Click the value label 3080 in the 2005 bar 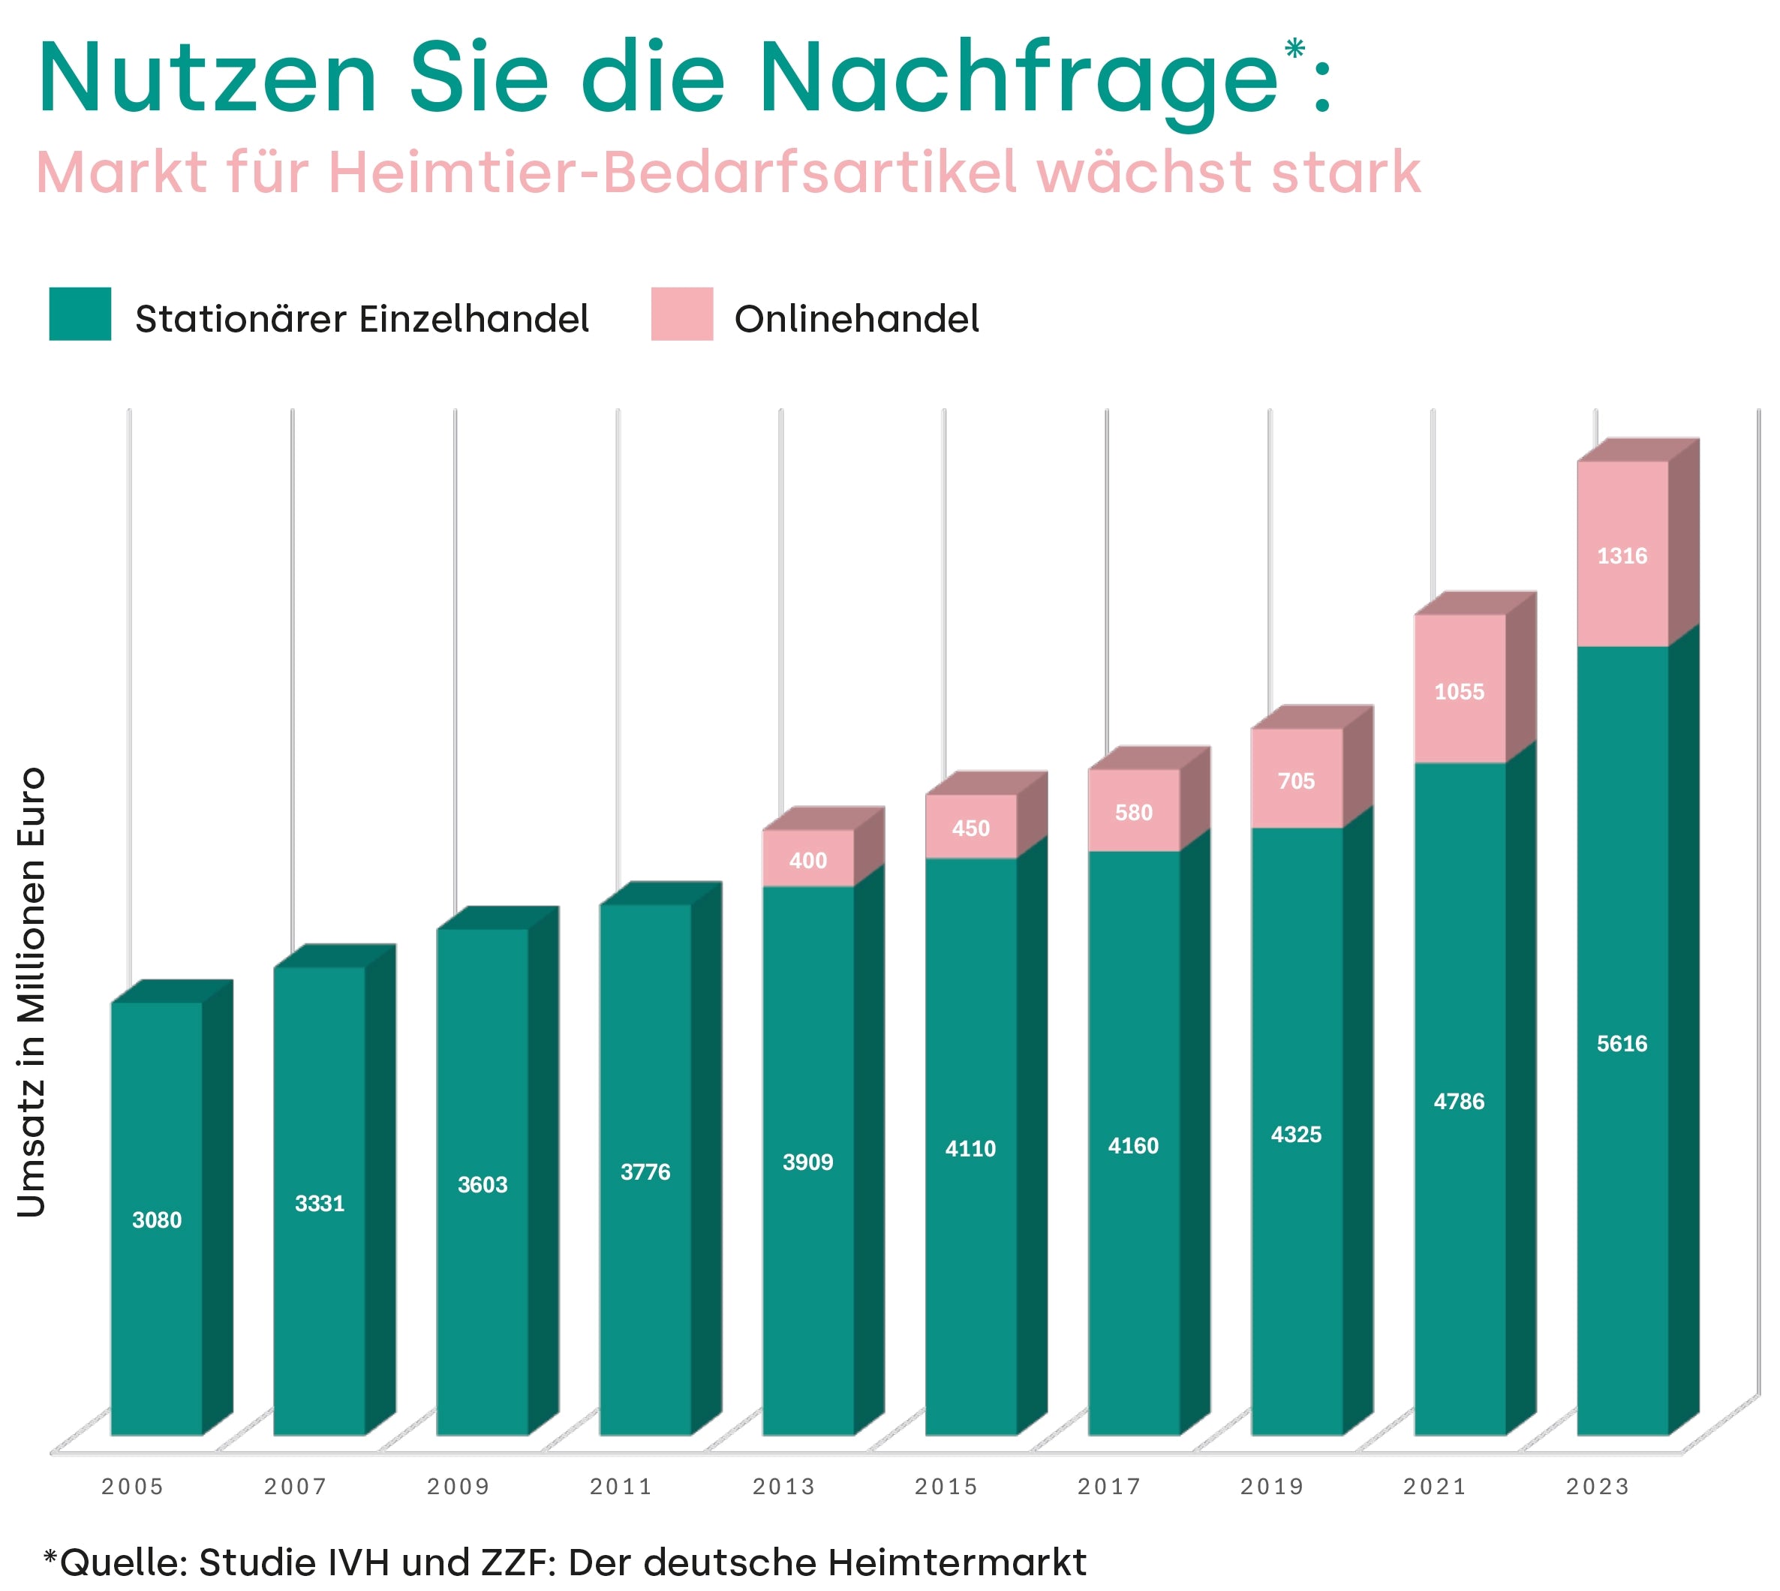[x=157, y=1220]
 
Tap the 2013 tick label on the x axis [x=783, y=1486]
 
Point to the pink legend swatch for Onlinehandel [x=681, y=313]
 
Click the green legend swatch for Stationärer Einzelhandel [x=80, y=313]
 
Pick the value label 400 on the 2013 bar [x=807, y=860]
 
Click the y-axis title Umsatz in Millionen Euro [x=32, y=991]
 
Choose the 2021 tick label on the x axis [x=1434, y=1486]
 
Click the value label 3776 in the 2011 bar [x=645, y=1171]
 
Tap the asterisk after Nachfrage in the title [x=1294, y=47]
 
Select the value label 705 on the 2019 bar [x=1296, y=780]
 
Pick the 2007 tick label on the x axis [x=296, y=1486]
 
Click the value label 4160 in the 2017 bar [x=1133, y=1145]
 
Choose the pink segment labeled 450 [x=970, y=828]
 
